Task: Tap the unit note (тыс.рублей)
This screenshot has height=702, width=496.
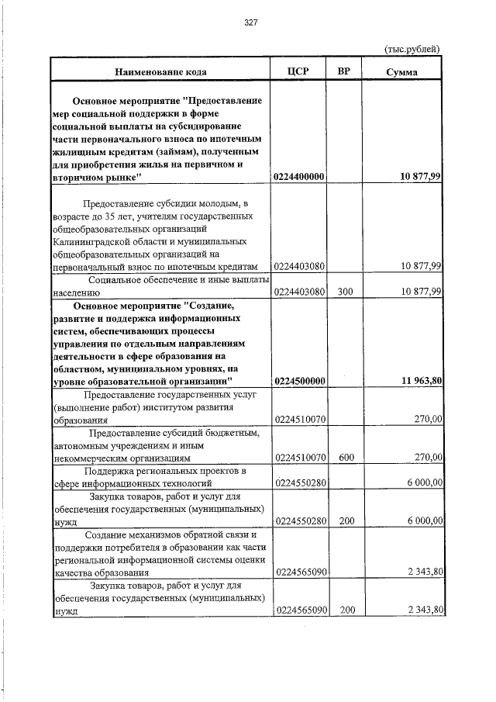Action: pos(413,49)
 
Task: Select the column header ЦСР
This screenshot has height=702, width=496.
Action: pos(298,71)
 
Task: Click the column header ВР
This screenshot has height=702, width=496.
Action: pos(346,71)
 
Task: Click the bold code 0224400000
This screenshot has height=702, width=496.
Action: pos(298,178)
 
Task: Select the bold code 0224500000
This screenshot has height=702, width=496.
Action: pos(298,381)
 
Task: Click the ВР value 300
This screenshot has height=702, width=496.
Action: pos(346,291)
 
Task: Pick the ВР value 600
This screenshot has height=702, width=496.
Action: pos(346,458)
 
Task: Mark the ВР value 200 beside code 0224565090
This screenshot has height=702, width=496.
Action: pos(346,610)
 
